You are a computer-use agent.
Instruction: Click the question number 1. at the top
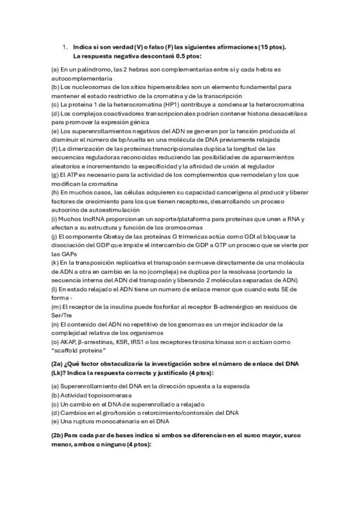66,47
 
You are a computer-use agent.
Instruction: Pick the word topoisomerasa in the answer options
105,395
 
